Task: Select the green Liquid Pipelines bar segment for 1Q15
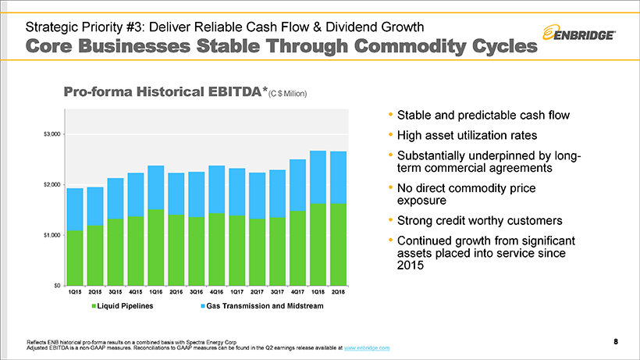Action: tap(75, 258)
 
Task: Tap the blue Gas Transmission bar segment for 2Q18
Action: tap(338, 177)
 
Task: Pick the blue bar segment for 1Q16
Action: tap(155, 187)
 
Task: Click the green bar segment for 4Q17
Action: tap(297, 248)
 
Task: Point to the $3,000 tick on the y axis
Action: tap(51, 134)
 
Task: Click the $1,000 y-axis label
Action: tap(51, 235)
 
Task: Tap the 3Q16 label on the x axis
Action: tap(196, 292)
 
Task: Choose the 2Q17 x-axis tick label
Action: tap(257, 292)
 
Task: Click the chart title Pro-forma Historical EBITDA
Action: tap(165, 92)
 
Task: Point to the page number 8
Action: tap(616, 341)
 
